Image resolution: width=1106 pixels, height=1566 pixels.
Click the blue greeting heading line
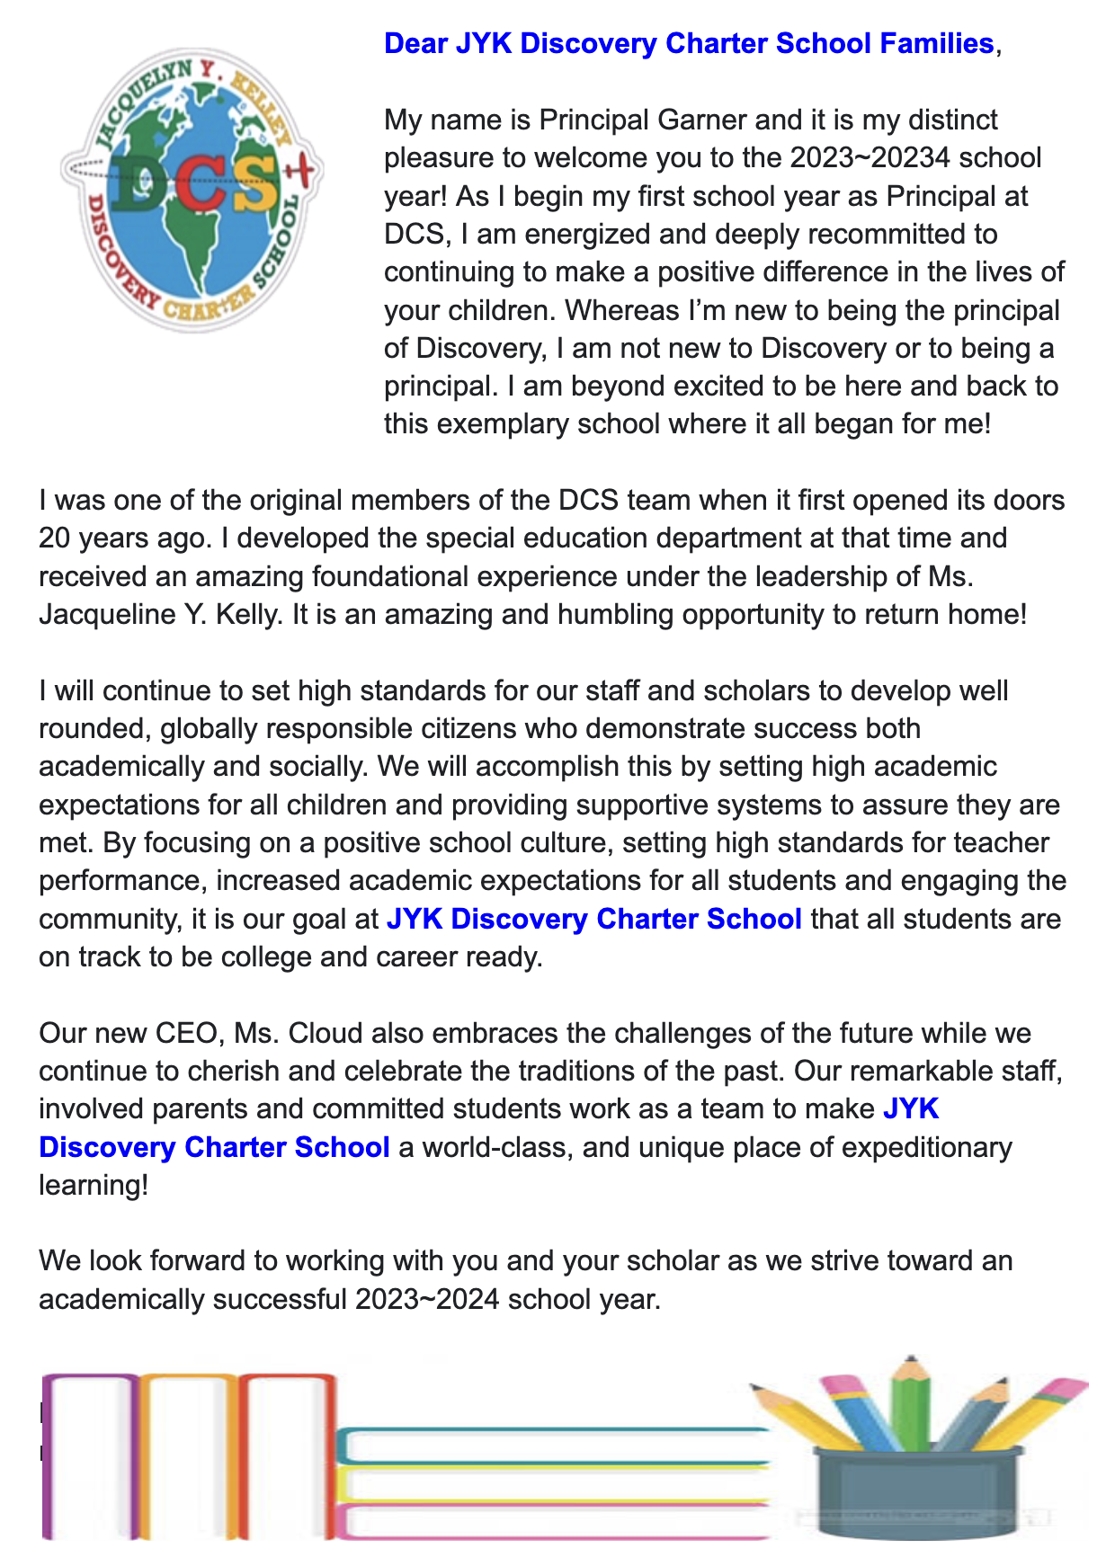(x=688, y=43)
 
